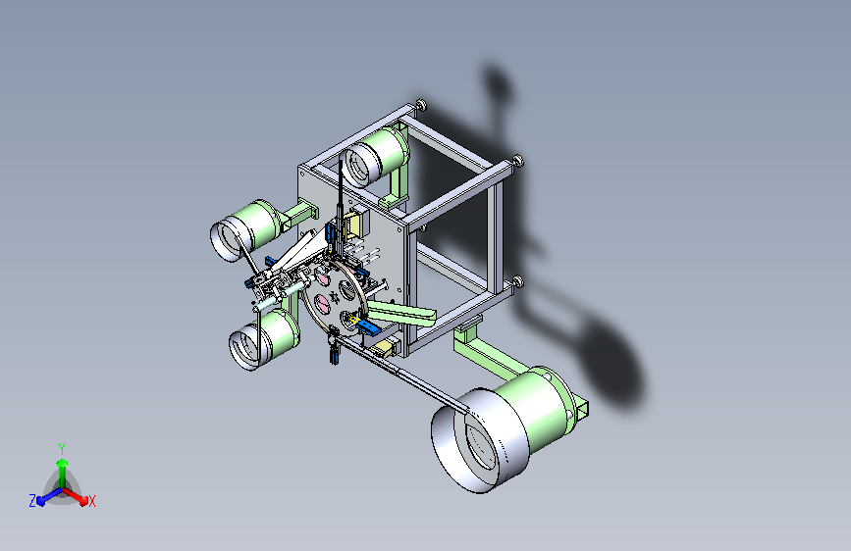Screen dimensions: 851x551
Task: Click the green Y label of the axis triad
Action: (62, 448)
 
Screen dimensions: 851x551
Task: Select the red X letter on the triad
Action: (91, 501)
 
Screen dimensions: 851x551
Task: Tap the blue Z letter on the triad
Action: (32, 501)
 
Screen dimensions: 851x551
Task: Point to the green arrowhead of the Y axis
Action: (63, 463)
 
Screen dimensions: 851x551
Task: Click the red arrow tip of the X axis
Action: (83, 501)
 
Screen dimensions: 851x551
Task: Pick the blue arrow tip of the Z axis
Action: (41, 502)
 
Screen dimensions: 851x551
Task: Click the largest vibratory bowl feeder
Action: (502, 428)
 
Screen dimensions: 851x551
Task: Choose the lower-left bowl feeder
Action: (264, 339)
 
